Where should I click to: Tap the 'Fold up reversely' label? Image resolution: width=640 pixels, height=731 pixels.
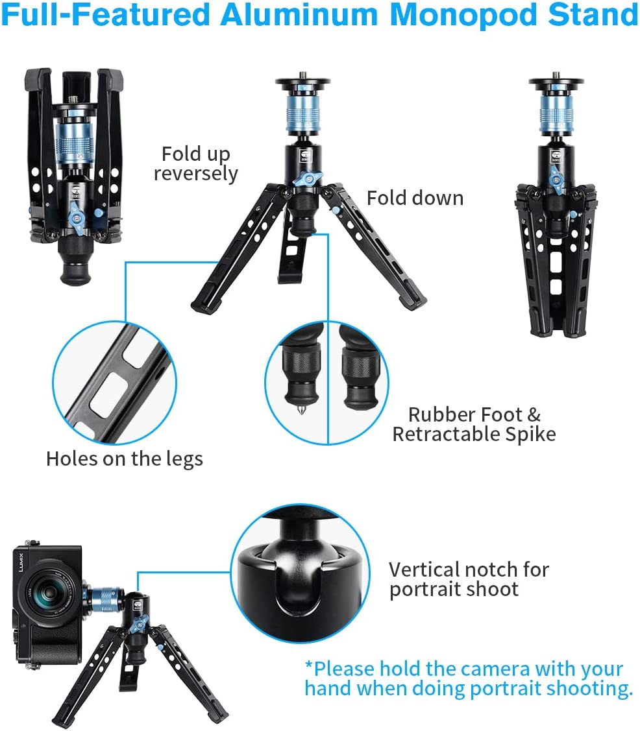pos(196,163)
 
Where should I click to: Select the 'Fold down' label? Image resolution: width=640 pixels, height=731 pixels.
pos(415,198)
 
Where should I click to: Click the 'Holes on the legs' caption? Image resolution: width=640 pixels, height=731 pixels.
pos(124,459)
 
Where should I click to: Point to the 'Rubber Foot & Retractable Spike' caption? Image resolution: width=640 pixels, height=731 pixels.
pos(474,424)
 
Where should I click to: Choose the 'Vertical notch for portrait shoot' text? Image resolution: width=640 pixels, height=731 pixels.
pos(468,579)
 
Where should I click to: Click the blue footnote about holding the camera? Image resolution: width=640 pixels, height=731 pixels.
pos(468,678)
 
